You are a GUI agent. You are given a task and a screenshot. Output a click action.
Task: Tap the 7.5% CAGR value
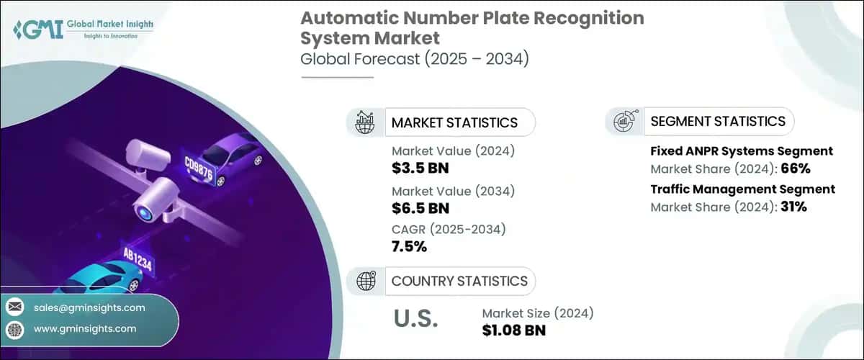click(410, 247)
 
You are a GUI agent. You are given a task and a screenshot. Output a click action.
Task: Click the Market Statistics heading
click(454, 122)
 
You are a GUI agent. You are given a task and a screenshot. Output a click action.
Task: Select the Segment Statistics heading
click(718, 121)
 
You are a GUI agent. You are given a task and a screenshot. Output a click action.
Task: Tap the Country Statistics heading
click(459, 281)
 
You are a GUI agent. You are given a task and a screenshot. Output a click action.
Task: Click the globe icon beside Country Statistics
click(365, 281)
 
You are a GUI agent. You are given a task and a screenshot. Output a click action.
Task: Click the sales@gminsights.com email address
click(89, 307)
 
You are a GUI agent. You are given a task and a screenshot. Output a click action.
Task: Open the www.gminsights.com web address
click(85, 328)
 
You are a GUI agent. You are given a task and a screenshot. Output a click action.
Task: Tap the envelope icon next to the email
click(14, 307)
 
